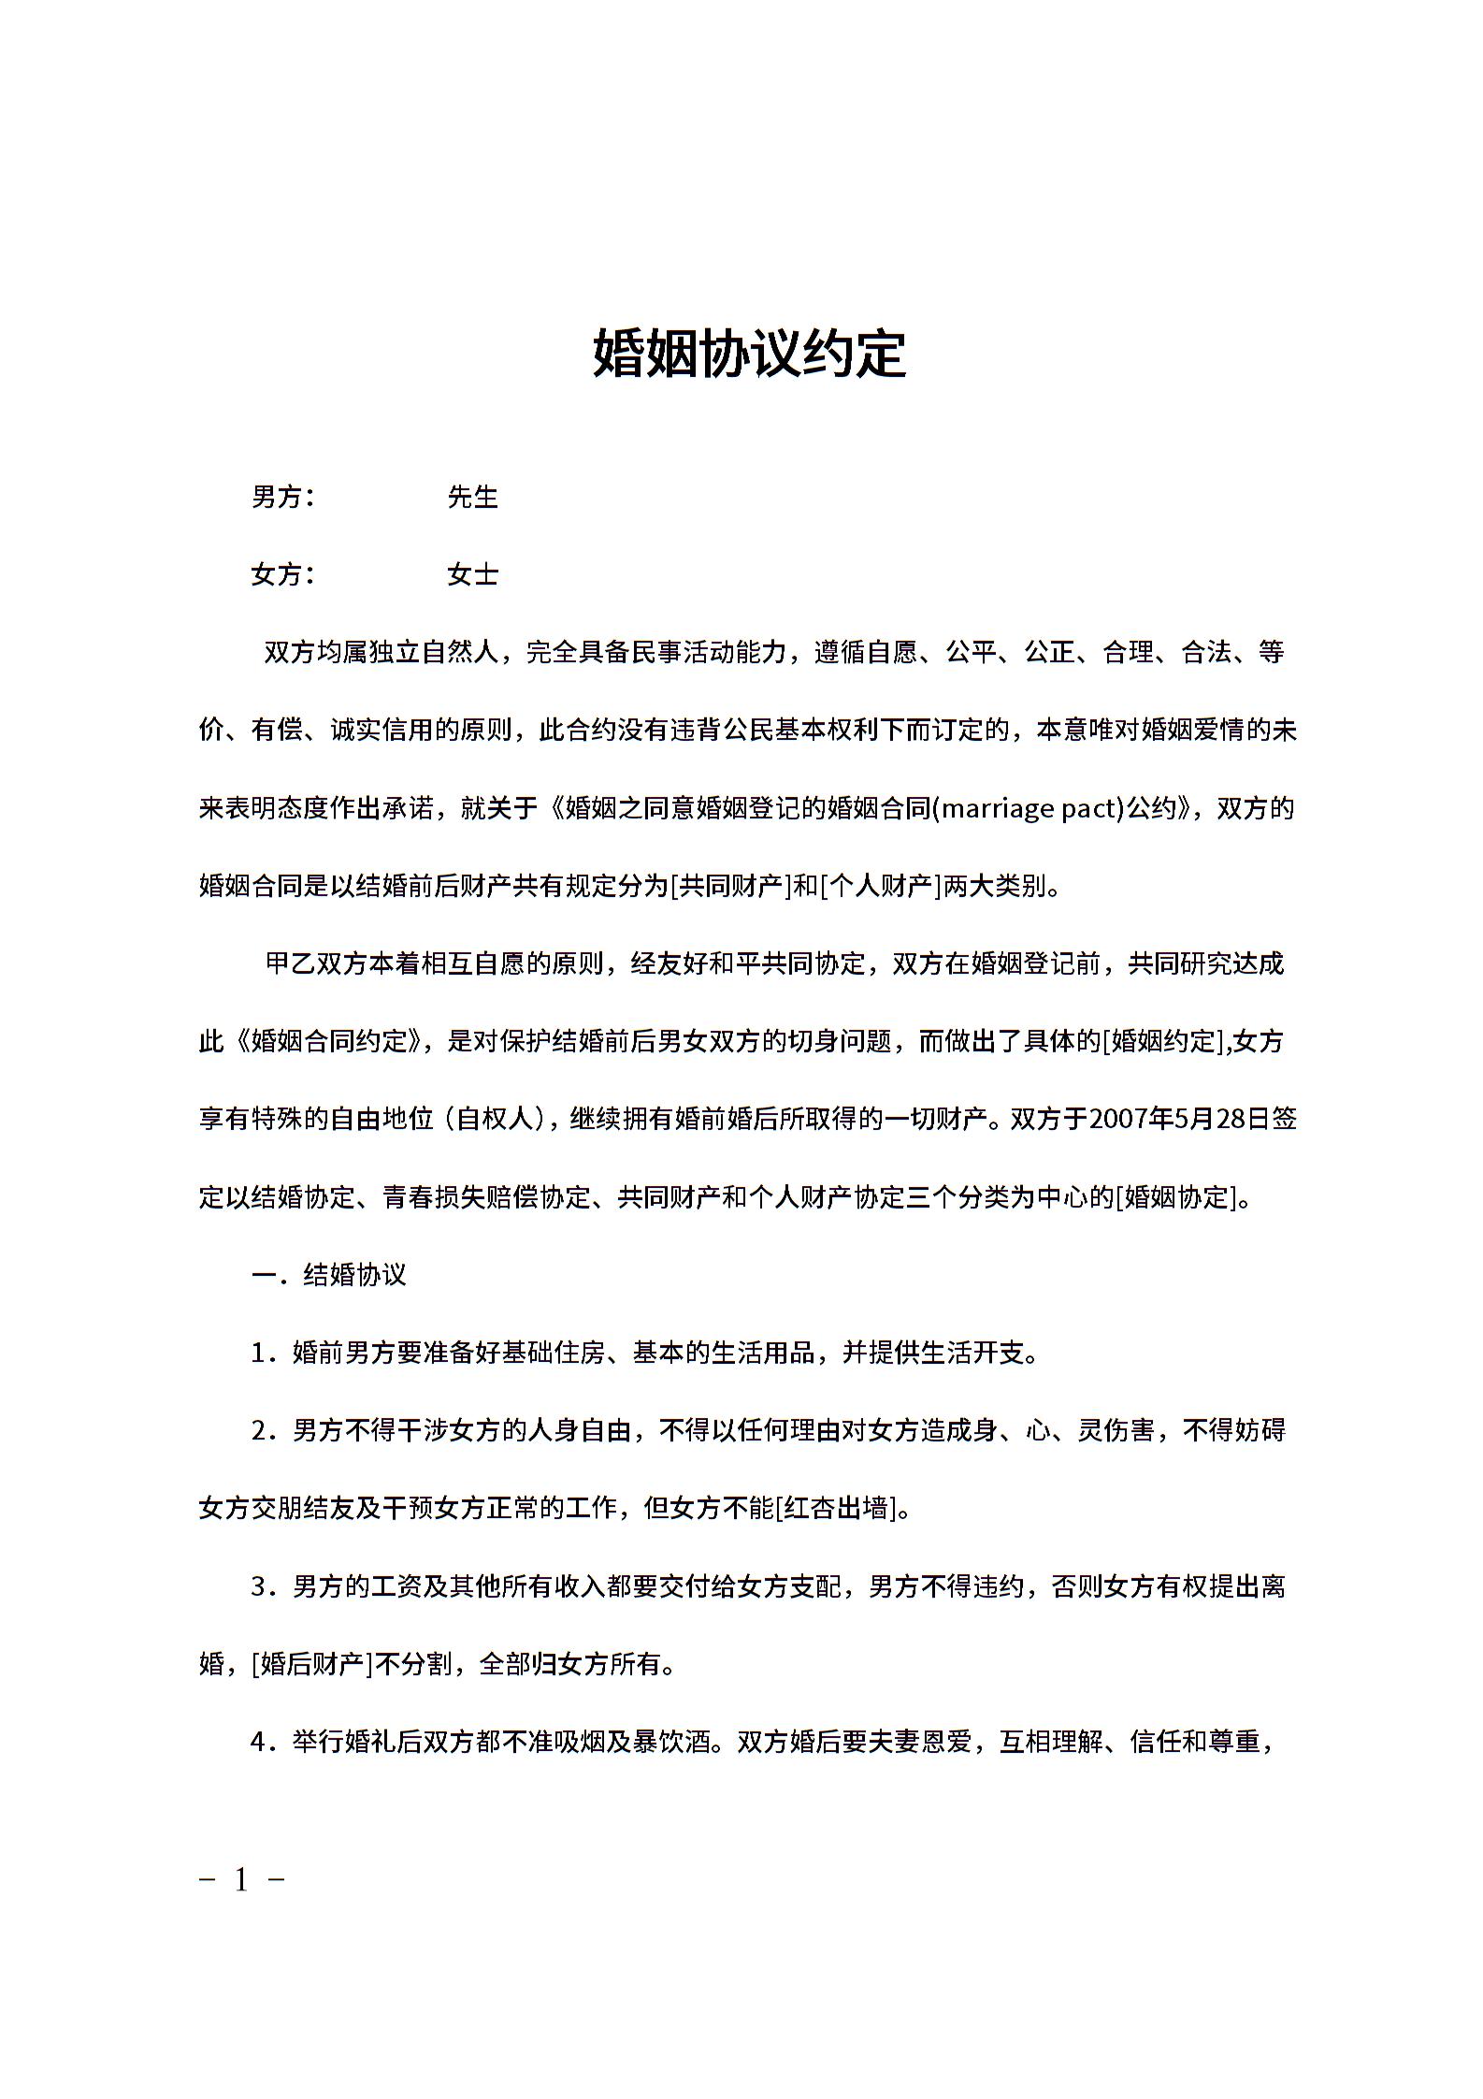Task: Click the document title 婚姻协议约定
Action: [749, 354]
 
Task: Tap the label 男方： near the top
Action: [283, 498]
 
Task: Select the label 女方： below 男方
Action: [283, 574]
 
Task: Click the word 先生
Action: [472, 498]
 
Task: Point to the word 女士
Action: [472, 574]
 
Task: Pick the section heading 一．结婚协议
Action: [328, 1275]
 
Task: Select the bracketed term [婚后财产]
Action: [312, 1664]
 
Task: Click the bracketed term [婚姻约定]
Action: [1163, 1041]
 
